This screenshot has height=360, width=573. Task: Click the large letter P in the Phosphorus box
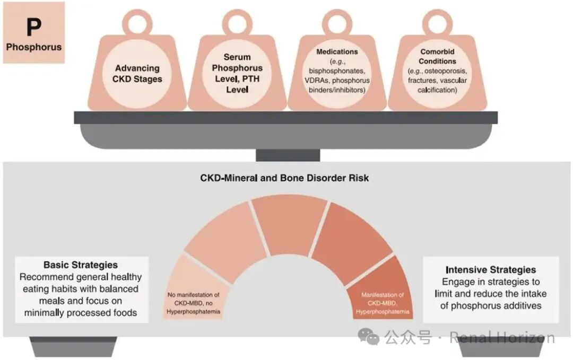tap(33, 27)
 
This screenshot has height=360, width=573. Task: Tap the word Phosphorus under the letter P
tap(34, 47)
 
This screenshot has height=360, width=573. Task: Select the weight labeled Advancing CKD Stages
tap(137, 62)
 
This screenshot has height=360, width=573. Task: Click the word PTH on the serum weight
tap(251, 78)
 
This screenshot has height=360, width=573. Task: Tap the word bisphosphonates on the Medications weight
tap(337, 71)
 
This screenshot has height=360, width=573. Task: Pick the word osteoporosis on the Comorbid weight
tap(446, 71)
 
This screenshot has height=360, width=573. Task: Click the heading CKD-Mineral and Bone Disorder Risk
tap(284, 178)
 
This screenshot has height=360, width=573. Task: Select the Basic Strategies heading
tap(81, 265)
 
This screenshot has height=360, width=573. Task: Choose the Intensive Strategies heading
tap(491, 270)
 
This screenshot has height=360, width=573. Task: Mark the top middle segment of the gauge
tap(289, 223)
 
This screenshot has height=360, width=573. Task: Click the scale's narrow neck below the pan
tap(288, 155)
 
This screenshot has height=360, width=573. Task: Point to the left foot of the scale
tap(73, 347)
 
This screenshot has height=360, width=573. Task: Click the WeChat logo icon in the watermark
tap(368, 337)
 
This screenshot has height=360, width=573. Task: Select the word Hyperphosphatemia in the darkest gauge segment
tap(383, 312)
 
